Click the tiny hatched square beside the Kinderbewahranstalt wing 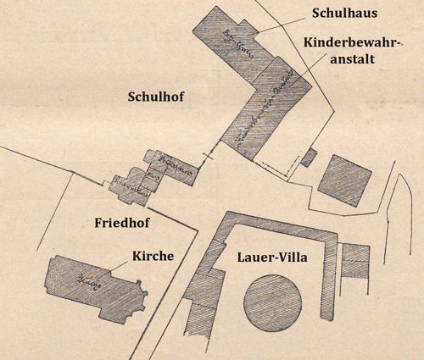[x=310, y=158]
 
